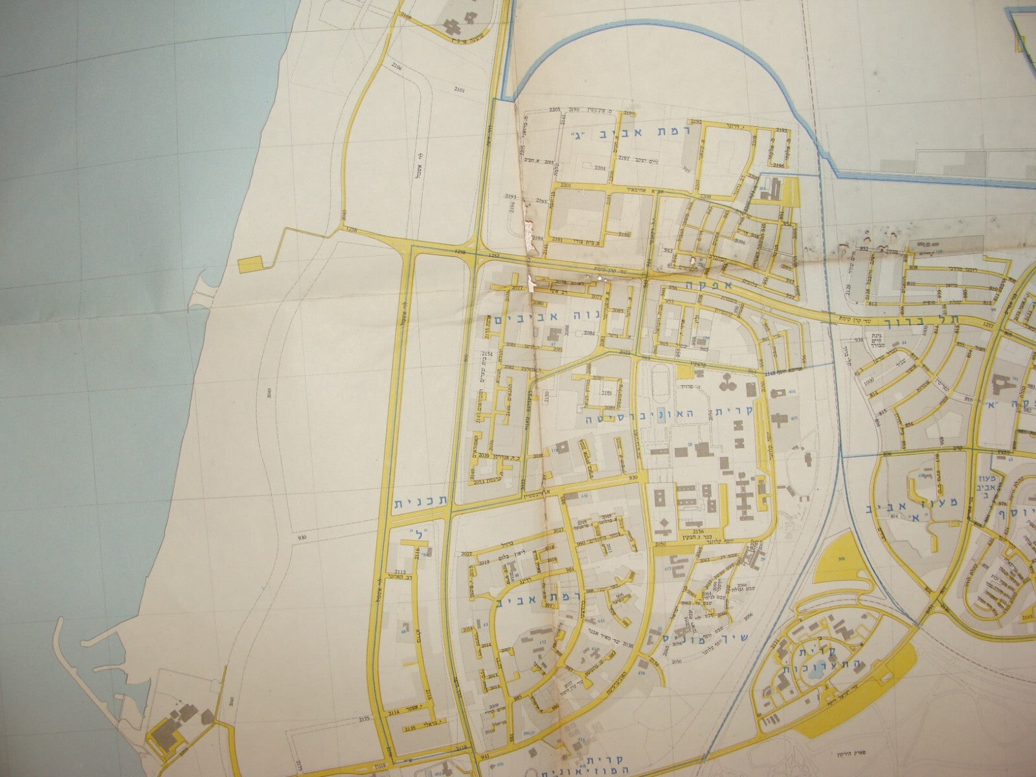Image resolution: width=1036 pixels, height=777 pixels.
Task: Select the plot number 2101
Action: coord(460,90)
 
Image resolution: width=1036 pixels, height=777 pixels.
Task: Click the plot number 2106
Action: coord(395,67)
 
